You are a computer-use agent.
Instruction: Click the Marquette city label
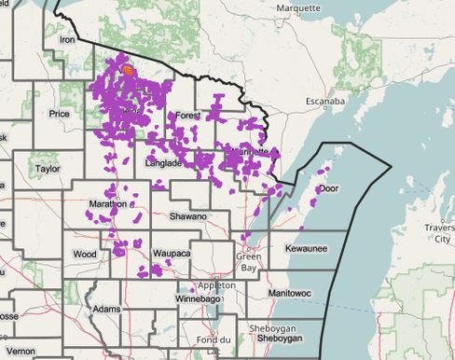point(299,8)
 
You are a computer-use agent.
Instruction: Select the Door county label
point(328,188)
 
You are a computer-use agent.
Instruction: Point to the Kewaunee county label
point(306,249)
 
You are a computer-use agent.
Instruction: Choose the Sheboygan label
point(271,328)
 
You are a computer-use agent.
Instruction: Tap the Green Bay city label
point(248,261)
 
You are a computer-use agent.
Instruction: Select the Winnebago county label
point(195,298)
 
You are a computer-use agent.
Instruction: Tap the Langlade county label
point(164,163)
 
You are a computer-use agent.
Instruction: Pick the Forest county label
point(187,116)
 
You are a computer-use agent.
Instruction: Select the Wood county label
point(84,254)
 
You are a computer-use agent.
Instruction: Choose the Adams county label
point(107,309)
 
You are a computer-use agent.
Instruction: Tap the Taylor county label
point(47,169)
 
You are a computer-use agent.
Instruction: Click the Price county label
point(60,114)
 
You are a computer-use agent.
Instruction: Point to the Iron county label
point(67,40)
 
